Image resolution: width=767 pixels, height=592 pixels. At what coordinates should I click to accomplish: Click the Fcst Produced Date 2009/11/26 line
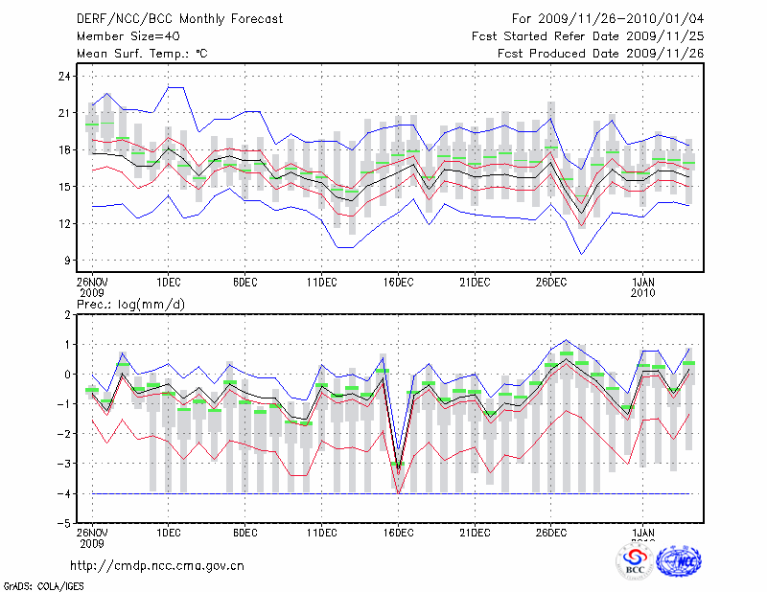click(x=601, y=53)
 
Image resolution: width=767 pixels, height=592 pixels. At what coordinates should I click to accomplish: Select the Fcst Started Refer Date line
click(x=588, y=35)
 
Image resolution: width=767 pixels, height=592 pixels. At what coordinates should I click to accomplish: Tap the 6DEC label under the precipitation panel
click(x=244, y=533)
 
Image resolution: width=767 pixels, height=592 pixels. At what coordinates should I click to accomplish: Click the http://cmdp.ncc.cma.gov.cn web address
click(x=157, y=565)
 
